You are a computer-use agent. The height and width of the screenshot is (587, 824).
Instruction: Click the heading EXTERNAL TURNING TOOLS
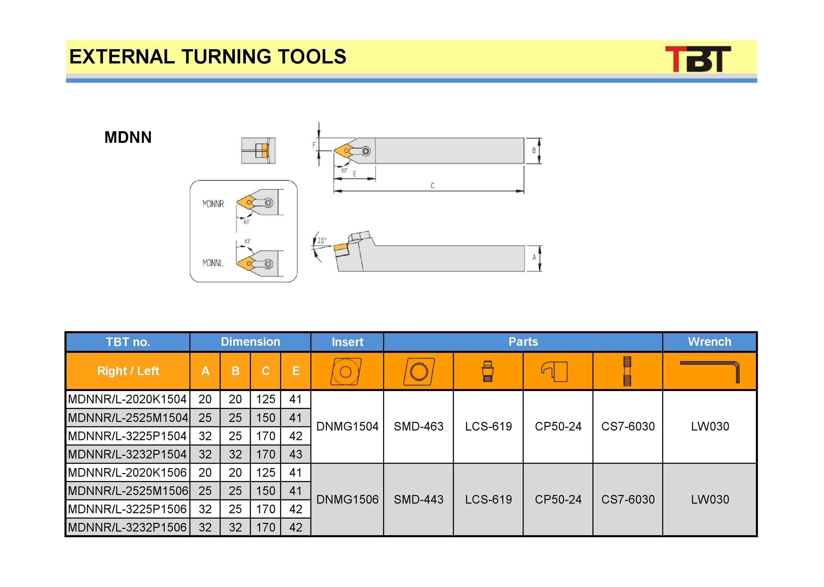point(208,57)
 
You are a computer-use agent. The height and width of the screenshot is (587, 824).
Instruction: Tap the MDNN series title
point(128,137)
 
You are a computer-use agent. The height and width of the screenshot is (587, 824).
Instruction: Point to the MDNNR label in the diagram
point(213,204)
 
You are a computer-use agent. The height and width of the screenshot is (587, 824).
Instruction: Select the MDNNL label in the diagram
point(213,263)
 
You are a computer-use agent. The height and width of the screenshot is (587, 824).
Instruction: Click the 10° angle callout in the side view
point(322,241)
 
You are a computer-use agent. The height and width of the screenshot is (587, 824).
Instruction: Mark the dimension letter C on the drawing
point(432,185)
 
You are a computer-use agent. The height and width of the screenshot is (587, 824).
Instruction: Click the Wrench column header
point(709,342)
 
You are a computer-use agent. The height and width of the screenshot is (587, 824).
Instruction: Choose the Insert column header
point(347,342)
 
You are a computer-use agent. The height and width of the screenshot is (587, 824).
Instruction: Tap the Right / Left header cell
point(128,371)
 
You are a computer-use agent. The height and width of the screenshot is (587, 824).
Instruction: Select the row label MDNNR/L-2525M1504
point(128,418)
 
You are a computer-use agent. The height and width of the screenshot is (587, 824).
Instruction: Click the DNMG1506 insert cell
point(347,500)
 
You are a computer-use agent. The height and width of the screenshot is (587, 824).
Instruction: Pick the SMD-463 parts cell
point(419,427)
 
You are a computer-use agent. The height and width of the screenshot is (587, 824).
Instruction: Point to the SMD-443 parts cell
point(419,500)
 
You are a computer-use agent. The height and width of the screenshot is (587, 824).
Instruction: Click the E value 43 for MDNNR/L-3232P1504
point(296,454)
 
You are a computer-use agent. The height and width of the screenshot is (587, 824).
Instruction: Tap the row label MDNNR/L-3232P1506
point(127,527)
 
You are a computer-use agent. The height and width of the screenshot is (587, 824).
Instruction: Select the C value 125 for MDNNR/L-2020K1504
point(265,399)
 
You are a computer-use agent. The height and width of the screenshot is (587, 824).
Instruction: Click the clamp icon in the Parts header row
point(555,371)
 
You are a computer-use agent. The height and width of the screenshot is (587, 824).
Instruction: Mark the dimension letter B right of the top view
point(534,151)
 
